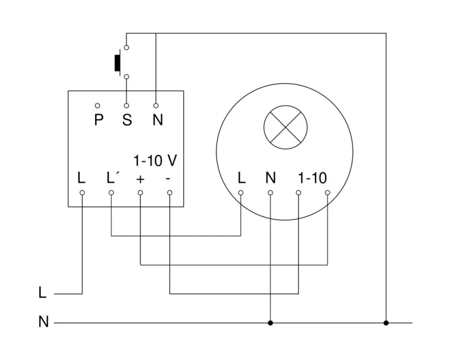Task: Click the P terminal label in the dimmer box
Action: coord(98,120)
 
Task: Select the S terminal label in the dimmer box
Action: coord(127,120)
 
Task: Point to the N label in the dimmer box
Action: coord(157,120)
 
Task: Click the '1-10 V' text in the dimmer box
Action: coord(155,160)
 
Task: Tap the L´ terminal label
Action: coord(113,178)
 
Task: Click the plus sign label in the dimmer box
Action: coord(141,178)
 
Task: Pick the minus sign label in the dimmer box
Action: coord(169,178)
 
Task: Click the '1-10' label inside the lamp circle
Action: coord(312,178)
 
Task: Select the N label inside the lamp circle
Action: coord(271,178)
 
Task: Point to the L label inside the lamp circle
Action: coord(242,178)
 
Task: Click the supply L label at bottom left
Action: coord(43,293)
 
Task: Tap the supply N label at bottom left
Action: coord(43,322)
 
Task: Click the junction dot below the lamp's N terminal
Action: coord(270,323)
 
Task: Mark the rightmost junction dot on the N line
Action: coord(385,323)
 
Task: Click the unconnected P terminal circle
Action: coord(98,106)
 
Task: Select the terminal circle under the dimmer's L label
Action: coord(82,192)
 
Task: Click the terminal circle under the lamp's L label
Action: coord(241,192)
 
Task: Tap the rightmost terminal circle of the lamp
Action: coord(327,192)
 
